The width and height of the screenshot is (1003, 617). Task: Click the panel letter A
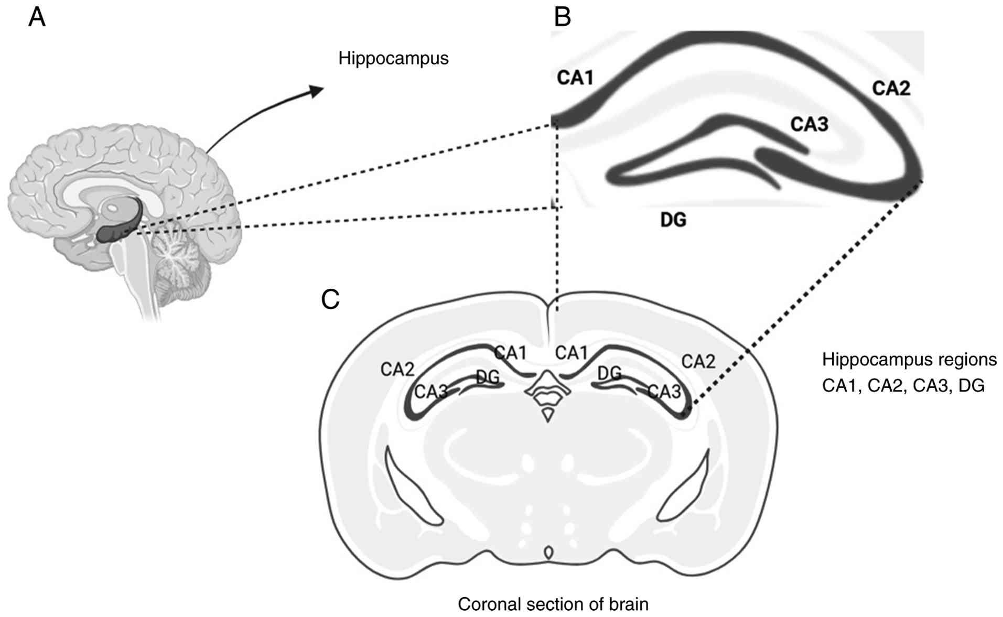37,18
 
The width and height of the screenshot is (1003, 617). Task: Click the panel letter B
562,18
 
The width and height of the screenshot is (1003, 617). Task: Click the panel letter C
330,299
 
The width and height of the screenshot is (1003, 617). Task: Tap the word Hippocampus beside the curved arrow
393,58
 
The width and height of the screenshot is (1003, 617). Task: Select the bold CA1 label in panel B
575,78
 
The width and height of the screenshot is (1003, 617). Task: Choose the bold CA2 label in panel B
891,89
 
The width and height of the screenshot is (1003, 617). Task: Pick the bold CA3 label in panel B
809,125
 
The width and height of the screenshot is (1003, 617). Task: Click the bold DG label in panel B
673,220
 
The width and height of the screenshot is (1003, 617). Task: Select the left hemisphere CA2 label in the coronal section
397,370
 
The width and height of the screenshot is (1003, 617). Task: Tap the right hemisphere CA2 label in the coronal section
698,361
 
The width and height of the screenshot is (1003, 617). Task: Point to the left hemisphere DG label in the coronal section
488,377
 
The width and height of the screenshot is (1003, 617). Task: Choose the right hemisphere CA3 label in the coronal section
664,392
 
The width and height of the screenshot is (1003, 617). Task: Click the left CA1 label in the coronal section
511,353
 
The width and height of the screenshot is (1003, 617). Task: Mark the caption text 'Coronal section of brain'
553,604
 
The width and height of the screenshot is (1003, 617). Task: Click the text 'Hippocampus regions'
909,360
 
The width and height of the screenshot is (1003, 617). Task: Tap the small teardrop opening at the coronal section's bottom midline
548,552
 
